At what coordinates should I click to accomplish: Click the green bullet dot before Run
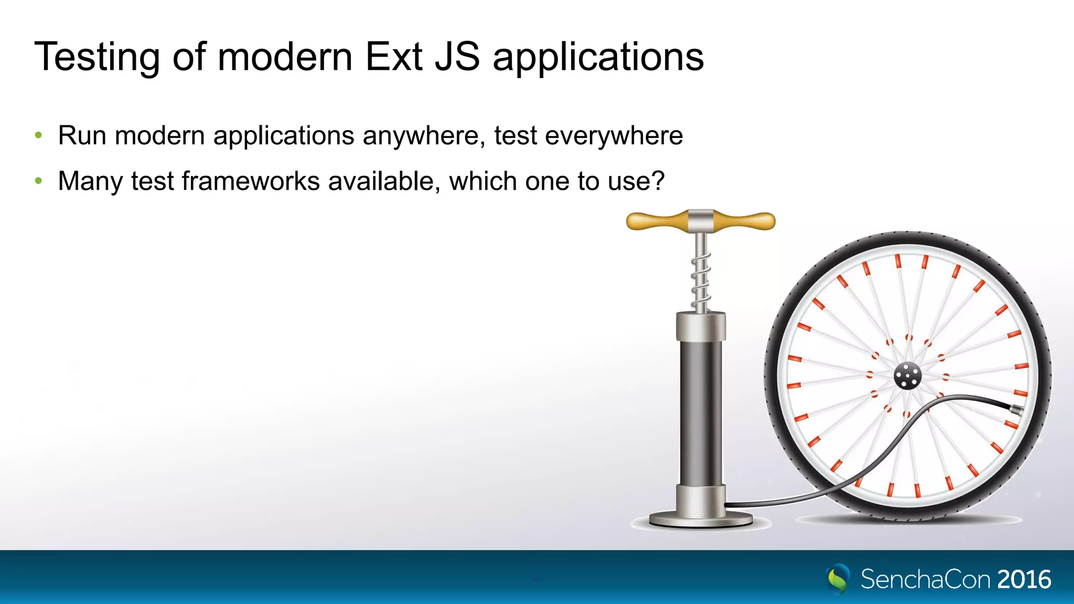[x=38, y=136]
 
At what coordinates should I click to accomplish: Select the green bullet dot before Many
[x=38, y=181]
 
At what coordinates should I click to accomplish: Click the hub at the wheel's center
[x=907, y=376]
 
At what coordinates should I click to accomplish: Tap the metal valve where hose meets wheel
[x=1016, y=411]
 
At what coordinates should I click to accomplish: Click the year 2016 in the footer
[x=1024, y=579]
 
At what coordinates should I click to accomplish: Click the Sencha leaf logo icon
[x=839, y=579]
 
